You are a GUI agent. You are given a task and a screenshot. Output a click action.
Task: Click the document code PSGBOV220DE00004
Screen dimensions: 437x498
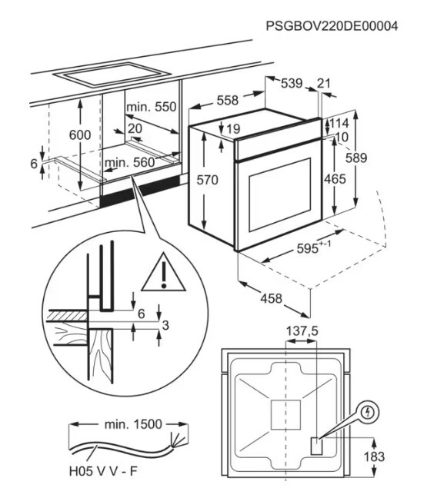[332, 25]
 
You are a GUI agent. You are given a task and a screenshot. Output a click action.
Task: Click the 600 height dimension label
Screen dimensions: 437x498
[80, 135]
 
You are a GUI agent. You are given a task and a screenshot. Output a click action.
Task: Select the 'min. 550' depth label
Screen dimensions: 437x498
[151, 107]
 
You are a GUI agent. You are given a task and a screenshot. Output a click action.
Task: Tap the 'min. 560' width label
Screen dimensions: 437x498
[129, 162]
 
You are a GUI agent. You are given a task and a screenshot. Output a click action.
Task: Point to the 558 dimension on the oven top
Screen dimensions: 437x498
[228, 101]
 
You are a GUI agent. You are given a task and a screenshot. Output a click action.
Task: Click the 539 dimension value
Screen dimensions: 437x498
[292, 84]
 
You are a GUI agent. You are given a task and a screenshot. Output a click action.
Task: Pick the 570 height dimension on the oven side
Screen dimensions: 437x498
[208, 180]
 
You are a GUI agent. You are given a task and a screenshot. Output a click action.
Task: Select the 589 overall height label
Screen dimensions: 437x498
[356, 158]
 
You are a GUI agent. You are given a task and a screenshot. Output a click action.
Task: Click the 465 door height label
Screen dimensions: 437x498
[335, 179]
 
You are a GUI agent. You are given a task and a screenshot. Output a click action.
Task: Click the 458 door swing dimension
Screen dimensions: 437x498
[272, 298]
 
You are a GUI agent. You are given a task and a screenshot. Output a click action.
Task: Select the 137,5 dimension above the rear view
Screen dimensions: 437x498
[302, 331]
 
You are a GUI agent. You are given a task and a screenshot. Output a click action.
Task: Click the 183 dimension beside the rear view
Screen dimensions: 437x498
[375, 456]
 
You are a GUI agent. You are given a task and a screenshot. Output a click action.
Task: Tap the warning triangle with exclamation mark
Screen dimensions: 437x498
[163, 272]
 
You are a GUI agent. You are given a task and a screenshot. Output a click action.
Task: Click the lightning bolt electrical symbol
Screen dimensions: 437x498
[369, 413]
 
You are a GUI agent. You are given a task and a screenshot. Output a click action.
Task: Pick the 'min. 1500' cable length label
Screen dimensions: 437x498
[133, 424]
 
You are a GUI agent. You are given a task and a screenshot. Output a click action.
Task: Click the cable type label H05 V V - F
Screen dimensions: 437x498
[103, 471]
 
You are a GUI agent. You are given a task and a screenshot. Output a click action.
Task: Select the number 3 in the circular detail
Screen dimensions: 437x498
[165, 325]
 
